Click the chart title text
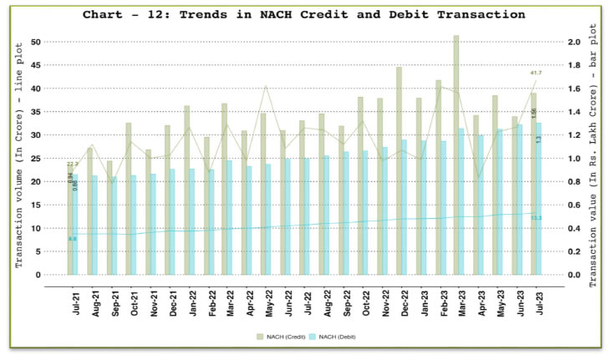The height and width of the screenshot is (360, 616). click(x=305, y=14)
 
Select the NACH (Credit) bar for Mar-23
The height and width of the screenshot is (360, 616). click(x=456, y=155)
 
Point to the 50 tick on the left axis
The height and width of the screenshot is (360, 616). click(x=35, y=42)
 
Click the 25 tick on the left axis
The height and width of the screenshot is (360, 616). click(x=35, y=158)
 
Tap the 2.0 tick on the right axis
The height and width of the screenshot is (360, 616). click(x=574, y=42)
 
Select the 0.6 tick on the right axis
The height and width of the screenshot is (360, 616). click(x=574, y=205)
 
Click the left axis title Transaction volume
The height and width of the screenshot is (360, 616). click(x=18, y=159)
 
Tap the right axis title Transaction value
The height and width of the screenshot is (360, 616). click(x=595, y=159)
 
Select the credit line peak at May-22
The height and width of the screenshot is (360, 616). click(x=266, y=86)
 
